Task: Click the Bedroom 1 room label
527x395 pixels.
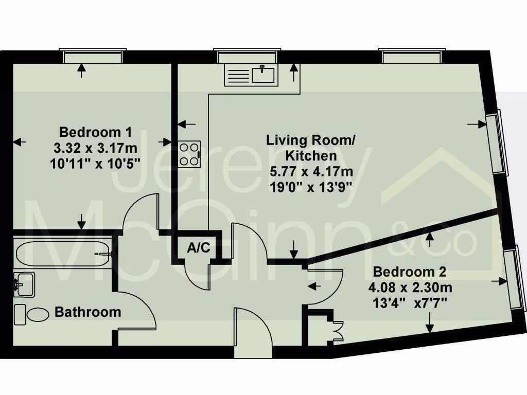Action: (x=95, y=131)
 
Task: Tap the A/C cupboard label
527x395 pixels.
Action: (x=198, y=248)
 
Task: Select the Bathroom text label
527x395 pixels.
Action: (x=88, y=312)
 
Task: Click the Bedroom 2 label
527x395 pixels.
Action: (x=410, y=271)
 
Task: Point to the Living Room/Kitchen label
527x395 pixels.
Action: (x=311, y=147)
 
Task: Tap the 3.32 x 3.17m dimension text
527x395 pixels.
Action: (x=96, y=149)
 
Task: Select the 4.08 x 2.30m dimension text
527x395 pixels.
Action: (x=410, y=287)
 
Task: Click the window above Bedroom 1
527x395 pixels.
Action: (x=93, y=56)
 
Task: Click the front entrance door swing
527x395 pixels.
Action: (x=252, y=332)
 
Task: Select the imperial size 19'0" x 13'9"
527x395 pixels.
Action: (x=311, y=187)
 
